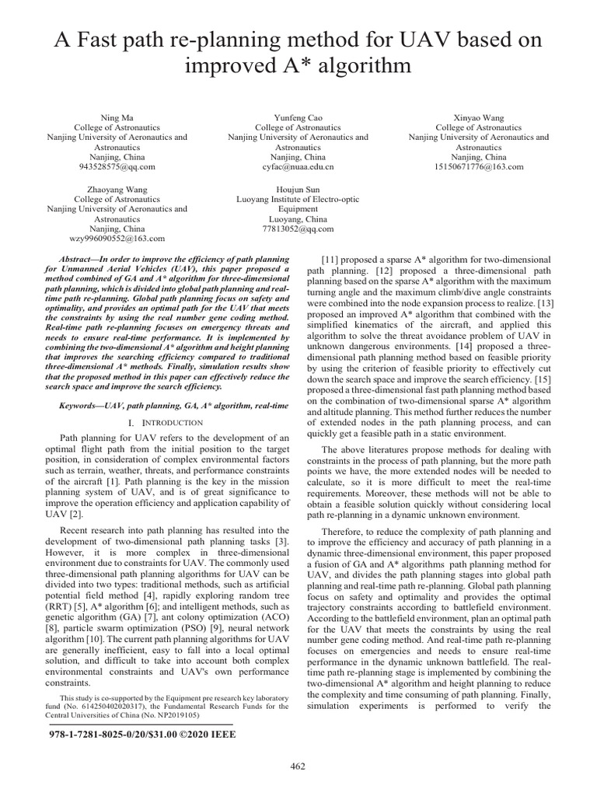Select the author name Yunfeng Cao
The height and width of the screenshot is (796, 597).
[298, 117]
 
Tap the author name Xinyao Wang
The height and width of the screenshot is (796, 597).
[478, 117]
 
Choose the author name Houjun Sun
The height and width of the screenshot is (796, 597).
[298, 189]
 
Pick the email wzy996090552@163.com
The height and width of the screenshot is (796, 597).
[117, 239]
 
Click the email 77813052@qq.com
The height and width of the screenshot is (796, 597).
[298, 229]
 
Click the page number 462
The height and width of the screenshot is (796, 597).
[298, 766]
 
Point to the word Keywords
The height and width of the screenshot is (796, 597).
[81, 406]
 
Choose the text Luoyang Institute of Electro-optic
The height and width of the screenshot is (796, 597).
[298, 199]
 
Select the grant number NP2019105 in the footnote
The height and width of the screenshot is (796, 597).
[172, 714]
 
